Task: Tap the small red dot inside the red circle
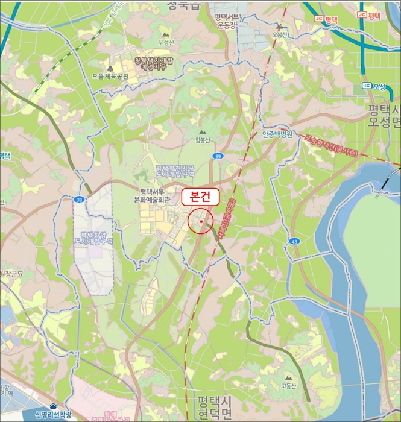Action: (200, 221)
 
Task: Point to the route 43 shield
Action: (294, 241)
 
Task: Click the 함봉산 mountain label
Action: (203, 140)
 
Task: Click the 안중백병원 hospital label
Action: (277, 134)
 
